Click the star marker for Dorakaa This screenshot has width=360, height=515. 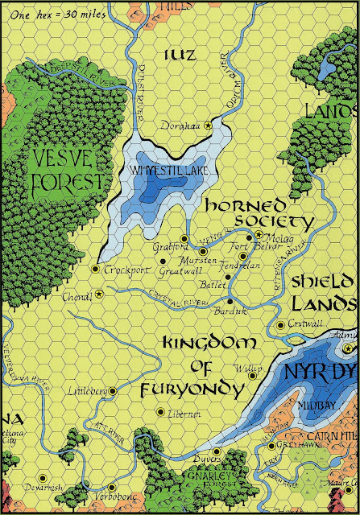point(209,125)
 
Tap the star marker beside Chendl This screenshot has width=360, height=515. point(99,294)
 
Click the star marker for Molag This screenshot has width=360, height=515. point(259,235)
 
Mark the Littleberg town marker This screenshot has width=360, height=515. point(113,390)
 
